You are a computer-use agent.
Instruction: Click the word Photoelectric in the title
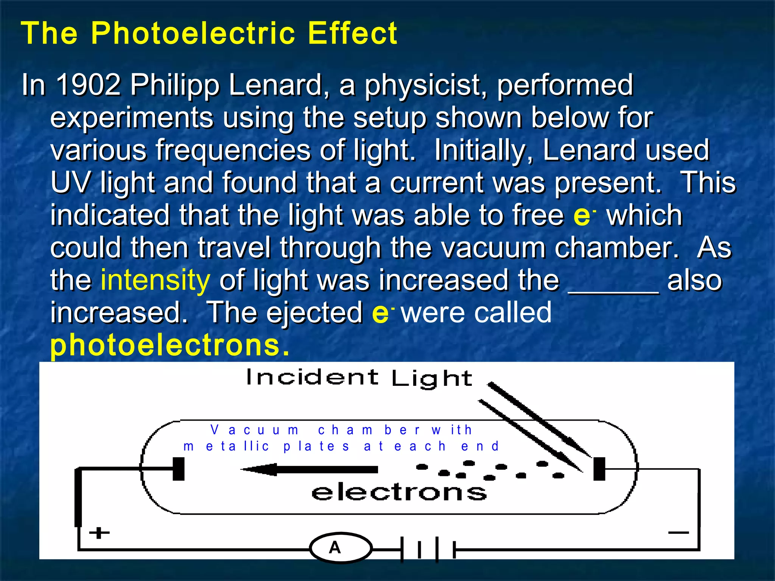tap(193, 33)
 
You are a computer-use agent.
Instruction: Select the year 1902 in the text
tap(88, 85)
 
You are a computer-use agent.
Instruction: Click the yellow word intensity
tap(155, 280)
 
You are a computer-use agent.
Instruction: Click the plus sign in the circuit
tap(99, 533)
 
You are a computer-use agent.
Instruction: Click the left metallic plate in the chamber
tap(178, 469)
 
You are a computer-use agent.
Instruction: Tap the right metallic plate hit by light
tap(599, 469)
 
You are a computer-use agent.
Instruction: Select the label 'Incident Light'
tap(359, 378)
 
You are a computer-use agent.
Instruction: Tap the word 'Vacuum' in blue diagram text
tap(254, 430)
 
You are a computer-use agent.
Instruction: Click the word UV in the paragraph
tap(70, 183)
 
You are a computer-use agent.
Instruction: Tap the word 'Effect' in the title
tap(352, 33)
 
